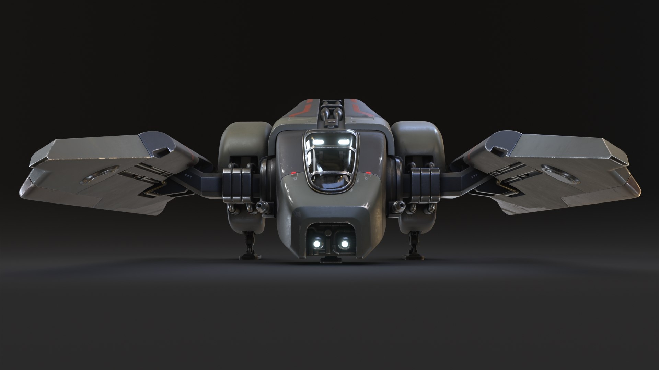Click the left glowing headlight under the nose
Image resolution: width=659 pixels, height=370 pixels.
[x=317, y=243]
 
